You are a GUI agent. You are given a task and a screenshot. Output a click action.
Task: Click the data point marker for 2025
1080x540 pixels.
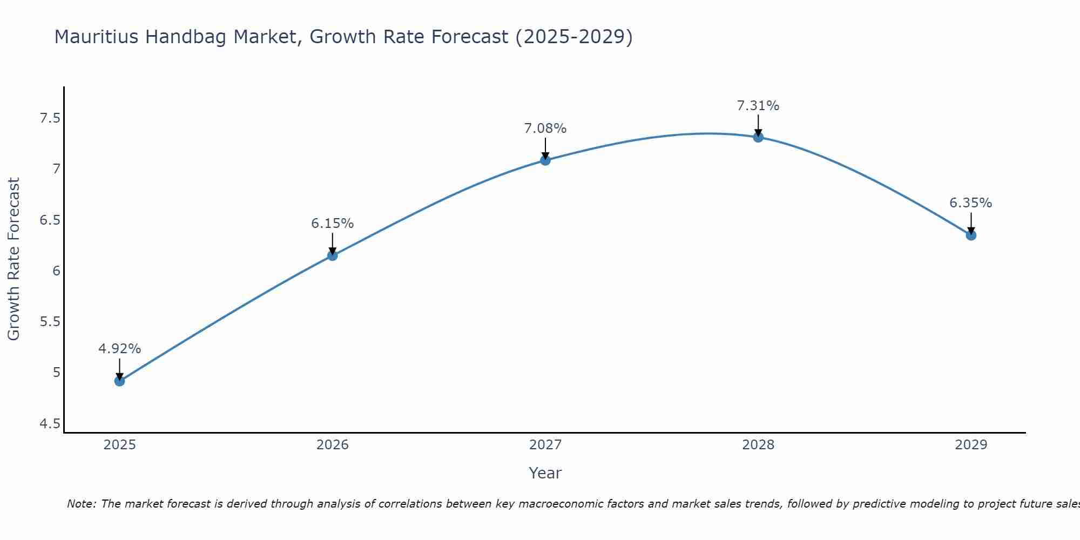[120, 381]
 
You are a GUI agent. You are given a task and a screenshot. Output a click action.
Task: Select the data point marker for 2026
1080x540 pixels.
[333, 255]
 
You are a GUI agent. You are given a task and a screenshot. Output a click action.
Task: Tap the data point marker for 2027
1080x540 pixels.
[545, 160]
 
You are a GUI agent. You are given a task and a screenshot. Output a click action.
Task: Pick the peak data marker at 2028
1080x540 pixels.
[758, 137]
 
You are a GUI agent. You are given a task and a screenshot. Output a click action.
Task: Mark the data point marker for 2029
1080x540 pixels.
[971, 235]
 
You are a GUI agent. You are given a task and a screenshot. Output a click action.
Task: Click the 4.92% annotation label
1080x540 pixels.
[120, 349]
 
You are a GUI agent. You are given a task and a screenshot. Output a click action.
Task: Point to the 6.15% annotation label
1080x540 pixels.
[333, 223]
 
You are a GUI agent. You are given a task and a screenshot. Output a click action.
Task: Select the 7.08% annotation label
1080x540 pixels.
[545, 129]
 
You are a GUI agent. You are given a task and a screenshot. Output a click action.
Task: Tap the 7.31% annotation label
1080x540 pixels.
[758, 106]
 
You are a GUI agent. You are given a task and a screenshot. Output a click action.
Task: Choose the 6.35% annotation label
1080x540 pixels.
[971, 203]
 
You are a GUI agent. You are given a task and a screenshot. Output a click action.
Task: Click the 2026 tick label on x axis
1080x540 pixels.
[333, 445]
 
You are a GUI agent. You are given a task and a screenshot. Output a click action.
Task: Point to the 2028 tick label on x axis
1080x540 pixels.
[758, 445]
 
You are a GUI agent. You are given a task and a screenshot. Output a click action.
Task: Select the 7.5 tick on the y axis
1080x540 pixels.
[50, 118]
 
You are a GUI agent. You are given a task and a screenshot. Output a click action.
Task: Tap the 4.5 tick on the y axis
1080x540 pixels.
[50, 424]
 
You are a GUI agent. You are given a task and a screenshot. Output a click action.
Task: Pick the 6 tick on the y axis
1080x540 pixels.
[56, 271]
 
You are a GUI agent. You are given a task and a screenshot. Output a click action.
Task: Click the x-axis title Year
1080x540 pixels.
[545, 473]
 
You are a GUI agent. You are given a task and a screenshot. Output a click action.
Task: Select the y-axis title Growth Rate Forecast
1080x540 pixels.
[13, 259]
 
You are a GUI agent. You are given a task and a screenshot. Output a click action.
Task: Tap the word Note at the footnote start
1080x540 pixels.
[81, 504]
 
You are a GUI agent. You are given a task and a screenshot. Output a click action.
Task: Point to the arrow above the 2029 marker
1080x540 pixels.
[971, 223]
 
